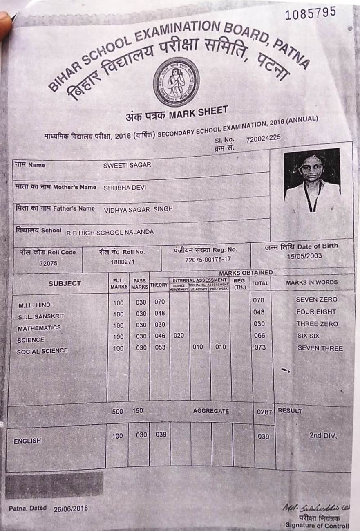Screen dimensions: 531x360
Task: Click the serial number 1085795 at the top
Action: point(311,13)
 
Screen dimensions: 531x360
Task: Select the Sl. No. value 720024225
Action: point(264,138)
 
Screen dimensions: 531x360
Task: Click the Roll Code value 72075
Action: point(48,264)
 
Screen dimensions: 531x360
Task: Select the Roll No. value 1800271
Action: point(122,262)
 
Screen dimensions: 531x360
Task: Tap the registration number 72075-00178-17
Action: point(208,260)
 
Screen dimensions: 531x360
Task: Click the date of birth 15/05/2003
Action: point(304,256)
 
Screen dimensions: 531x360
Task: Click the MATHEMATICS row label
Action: point(39,328)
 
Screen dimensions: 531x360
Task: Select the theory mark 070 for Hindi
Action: point(159,302)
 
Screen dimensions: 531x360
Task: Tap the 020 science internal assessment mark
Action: point(179,336)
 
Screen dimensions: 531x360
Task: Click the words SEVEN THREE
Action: point(320,348)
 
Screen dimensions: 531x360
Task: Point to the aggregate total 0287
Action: point(264,412)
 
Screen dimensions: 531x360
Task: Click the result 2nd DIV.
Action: point(323,435)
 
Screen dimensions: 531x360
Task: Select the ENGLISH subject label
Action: point(27,441)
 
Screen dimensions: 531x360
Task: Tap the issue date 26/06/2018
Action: point(70,509)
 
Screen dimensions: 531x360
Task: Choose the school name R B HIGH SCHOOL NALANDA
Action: point(110,232)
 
